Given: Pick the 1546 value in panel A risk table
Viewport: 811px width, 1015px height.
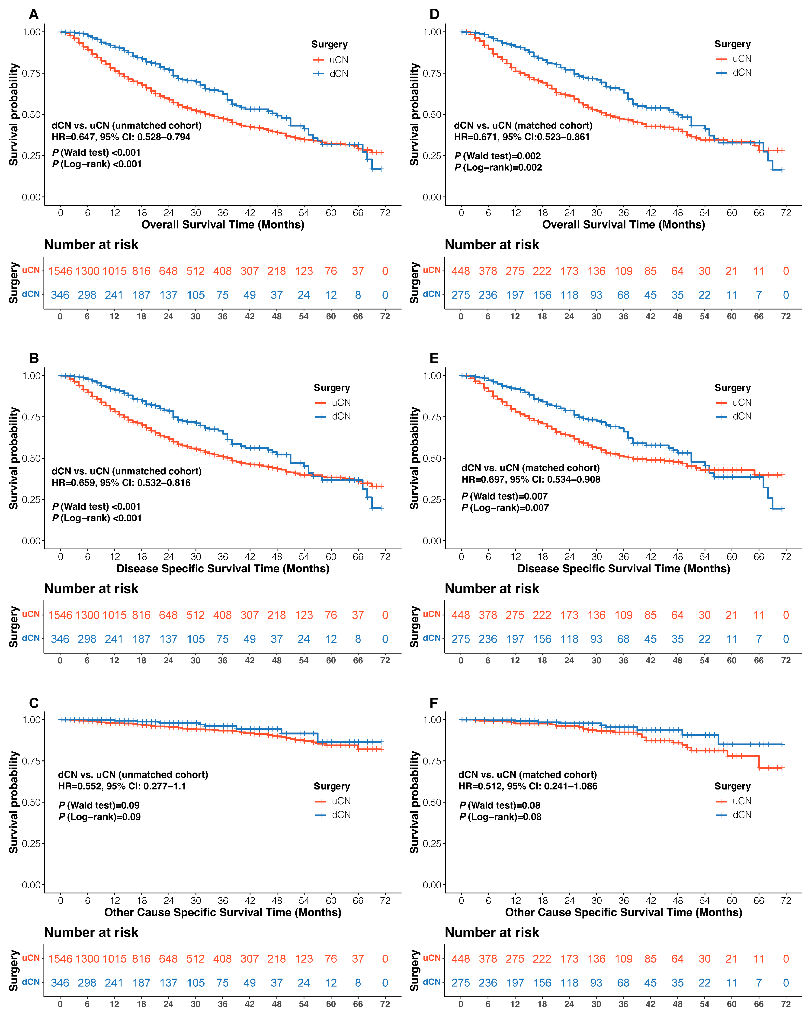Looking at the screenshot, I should tap(60, 271).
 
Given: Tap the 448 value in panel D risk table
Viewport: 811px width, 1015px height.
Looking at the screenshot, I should tap(461, 271).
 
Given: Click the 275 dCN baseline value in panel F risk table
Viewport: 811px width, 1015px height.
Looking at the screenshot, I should tap(461, 983).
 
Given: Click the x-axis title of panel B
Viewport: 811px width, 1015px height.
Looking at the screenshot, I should tap(223, 569).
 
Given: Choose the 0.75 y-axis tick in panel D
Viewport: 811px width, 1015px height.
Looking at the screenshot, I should tap(432, 73).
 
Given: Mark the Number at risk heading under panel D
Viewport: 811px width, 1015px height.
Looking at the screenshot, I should tap(492, 245).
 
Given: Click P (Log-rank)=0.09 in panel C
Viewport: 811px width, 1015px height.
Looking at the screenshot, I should tap(99, 817).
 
